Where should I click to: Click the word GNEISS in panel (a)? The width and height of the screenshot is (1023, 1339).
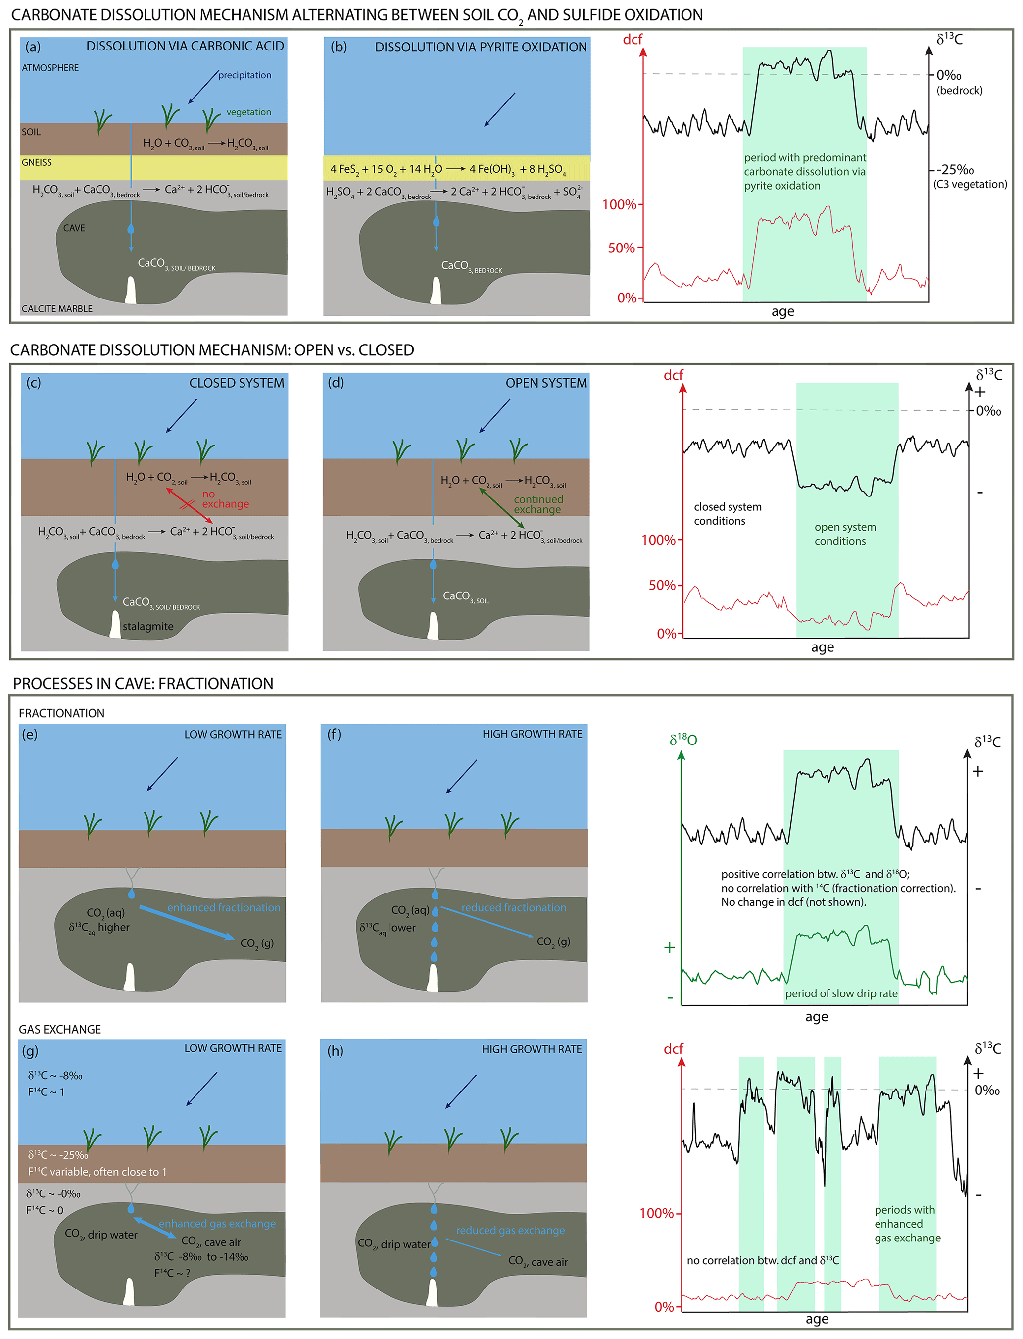(37, 162)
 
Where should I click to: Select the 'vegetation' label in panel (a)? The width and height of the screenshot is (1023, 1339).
(248, 112)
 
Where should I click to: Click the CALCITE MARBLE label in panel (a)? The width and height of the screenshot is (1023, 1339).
(57, 309)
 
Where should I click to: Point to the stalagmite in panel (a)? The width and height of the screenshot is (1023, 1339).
(130, 291)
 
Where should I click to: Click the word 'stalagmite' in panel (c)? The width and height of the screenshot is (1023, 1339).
(148, 626)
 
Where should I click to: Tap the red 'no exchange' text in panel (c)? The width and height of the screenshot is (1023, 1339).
(225, 498)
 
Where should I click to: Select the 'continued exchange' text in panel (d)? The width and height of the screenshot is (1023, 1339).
(538, 504)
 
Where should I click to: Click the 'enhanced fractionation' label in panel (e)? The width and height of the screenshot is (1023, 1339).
(224, 907)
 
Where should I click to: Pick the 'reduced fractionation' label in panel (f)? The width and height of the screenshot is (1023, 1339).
(513, 907)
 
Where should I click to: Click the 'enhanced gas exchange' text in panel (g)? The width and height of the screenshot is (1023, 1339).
(217, 1223)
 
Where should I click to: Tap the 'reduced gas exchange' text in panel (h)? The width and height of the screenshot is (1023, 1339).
(510, 1230)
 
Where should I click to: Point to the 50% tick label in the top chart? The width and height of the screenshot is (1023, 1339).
(621, 248)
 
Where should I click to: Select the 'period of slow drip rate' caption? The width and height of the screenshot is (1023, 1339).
(841, 993)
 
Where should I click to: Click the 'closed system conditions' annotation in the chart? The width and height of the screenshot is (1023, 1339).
(727, 513)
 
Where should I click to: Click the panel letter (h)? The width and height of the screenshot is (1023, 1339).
(335, 1050)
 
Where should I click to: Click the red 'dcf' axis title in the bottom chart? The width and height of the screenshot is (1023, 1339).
(673, 1048)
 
